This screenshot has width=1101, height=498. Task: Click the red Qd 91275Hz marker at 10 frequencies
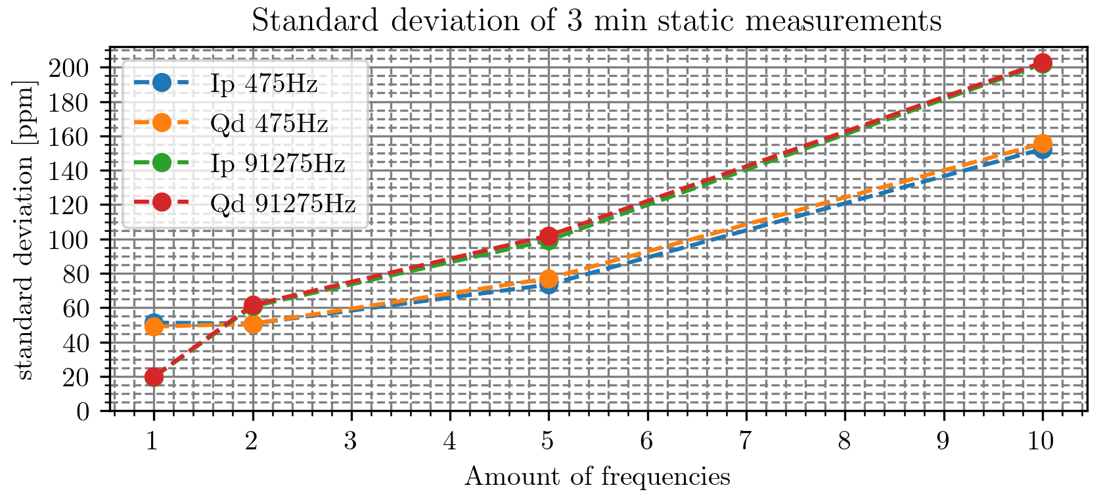coord(1043,63)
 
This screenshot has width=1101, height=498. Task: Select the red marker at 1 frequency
coord(154,376)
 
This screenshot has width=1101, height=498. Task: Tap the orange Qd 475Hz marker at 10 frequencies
coord(1043,144)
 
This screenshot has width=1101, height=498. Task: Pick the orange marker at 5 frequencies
coord(549,279)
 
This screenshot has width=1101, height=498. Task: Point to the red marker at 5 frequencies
coord(549,236)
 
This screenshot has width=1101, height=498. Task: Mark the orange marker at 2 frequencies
coord(253,324)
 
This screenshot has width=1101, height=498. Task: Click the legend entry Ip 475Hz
coord(263,83)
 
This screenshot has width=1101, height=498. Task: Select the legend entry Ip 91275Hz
coord(277,163)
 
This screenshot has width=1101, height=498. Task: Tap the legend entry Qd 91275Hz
coord(282,203)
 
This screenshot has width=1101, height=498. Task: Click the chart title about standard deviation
coord(596,21)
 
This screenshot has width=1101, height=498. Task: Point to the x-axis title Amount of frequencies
coord(597,476)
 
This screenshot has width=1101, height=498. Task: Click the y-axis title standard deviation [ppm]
coord(25,229)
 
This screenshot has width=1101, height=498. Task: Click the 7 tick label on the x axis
coord(746,441)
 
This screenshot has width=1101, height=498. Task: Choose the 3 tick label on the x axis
coord(351,441)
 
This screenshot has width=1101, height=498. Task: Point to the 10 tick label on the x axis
coord(1042,441)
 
